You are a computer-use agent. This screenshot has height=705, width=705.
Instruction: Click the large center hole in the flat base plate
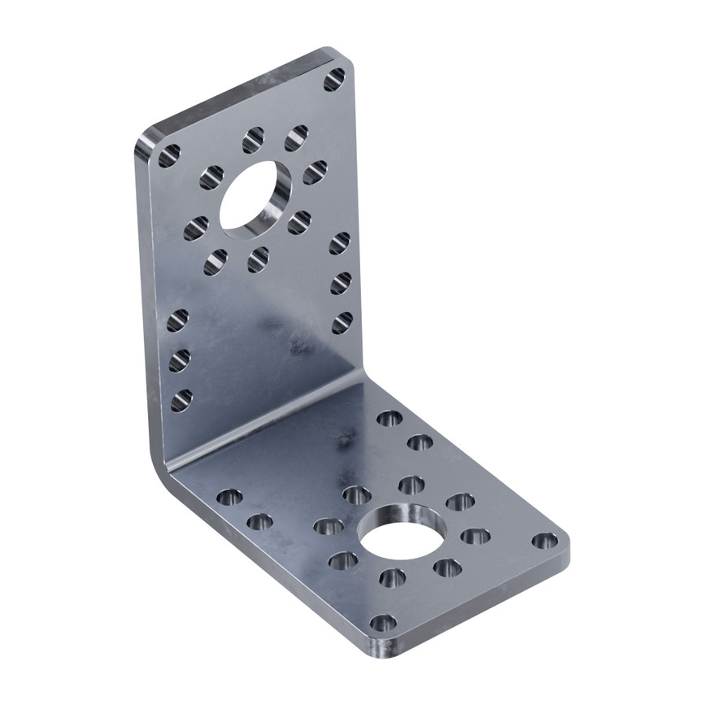click(403, 536)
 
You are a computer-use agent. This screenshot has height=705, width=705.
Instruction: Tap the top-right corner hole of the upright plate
click(334, 79)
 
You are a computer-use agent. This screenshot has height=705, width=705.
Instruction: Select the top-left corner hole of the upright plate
click(169, 154)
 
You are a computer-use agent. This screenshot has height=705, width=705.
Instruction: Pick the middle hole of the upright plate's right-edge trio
click(341, 283)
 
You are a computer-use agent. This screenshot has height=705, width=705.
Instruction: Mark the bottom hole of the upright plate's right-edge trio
click(342, 322)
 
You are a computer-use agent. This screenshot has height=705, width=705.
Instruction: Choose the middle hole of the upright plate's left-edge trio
click(179, 359)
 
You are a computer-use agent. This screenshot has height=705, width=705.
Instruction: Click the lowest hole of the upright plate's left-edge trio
click(181, 399)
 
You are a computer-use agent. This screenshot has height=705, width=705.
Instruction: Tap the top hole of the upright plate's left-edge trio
click(177, 320)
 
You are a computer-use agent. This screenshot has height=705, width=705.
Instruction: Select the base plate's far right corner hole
click(545, 541)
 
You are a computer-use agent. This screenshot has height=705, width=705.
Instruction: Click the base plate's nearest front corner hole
click(382, 624)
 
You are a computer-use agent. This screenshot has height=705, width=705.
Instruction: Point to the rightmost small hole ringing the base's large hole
click(475, 537)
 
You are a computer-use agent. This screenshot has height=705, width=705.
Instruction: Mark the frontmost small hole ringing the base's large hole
click(392, 578)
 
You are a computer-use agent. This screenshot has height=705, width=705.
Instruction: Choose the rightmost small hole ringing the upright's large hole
click(315, 172)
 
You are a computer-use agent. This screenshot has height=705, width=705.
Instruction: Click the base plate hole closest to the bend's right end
click(389, 418)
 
